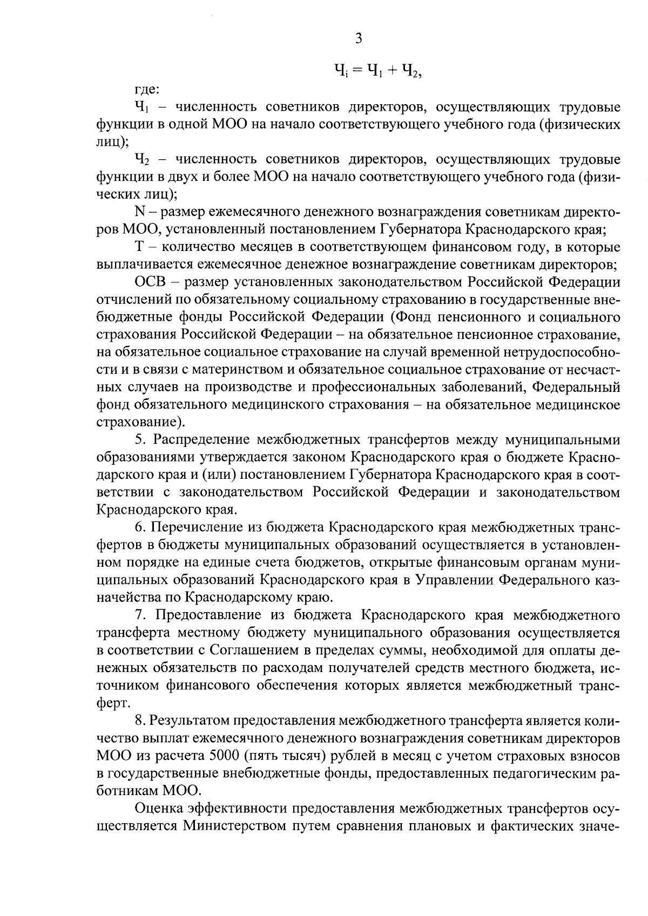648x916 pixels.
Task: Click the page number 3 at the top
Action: click(x=358, y=38)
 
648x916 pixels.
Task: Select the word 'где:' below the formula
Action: click(x=146, y=89)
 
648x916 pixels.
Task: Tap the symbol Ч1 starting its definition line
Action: click(x=142, y=107)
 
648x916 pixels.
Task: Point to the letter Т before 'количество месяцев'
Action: click(x=138, y=247)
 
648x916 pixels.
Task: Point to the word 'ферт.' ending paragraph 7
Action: click(x=112, y=703)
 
